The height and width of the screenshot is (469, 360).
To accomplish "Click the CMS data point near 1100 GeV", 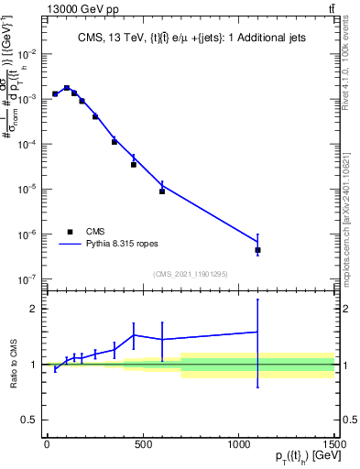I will click(x=258, y=250).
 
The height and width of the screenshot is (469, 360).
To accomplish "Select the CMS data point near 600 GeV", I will click(x=162, y=191).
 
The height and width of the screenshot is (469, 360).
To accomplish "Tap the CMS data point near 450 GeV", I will click(x=134, y=165).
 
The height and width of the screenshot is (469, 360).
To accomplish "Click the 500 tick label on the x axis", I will click(x=143, y=445).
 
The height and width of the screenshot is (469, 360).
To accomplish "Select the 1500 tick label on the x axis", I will click(x=335, y=445).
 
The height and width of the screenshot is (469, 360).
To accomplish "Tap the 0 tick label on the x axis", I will click(x=47, y=445).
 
